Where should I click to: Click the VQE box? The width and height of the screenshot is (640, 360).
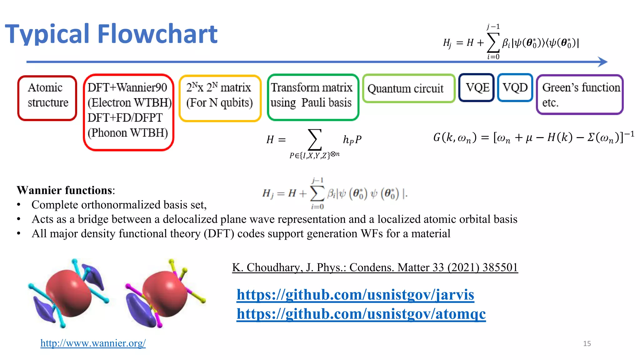(x=477, y=87)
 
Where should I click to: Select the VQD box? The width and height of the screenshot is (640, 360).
(x=515, y=87)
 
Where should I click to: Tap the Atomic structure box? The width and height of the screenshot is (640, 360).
(x=47, y=98)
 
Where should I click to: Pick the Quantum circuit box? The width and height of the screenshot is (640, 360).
(x=408, y=88)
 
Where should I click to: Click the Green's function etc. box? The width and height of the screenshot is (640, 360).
(x=580, y=94)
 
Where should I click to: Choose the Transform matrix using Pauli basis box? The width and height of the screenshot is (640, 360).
(x=313, y=97)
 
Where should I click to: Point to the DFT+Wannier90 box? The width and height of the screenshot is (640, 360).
(x=128, y=112)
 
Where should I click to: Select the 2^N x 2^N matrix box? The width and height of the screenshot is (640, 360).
(x=220, y=98)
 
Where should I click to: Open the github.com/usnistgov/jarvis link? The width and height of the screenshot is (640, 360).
(x=355, y=294)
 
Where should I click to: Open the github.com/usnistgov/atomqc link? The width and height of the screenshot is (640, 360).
(x=361, y=314)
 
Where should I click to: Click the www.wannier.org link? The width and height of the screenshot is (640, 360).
(x=93, y=343)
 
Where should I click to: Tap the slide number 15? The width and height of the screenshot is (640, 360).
(x=587, y=344)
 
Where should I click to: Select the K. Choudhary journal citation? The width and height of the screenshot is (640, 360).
(x=375, y=267)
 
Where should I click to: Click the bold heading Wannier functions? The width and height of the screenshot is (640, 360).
(x=64, y=190)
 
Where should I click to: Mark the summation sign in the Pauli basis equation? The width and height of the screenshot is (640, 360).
(x=314, y=140)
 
